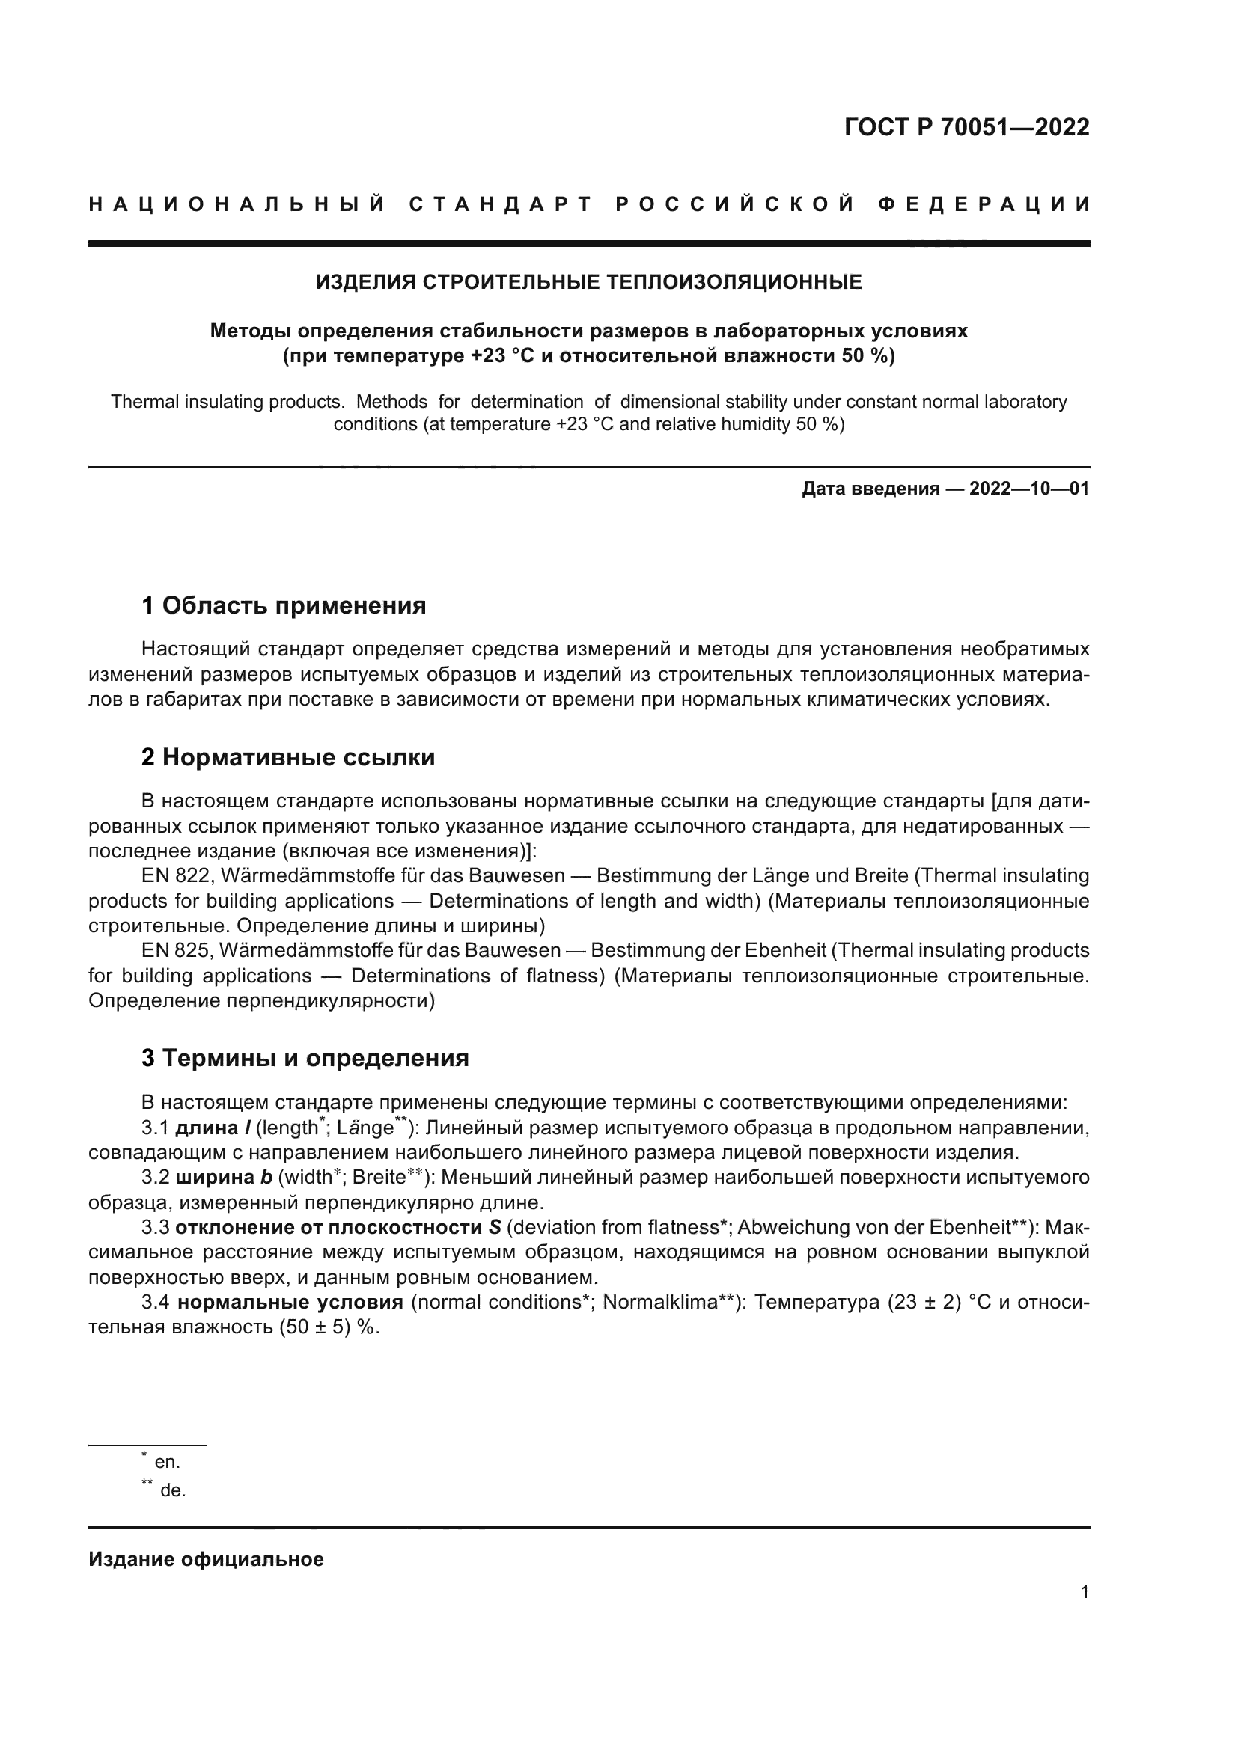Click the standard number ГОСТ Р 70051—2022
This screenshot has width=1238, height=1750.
click(x=966, y=127)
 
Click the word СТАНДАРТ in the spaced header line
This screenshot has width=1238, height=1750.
click(x=500, y=205)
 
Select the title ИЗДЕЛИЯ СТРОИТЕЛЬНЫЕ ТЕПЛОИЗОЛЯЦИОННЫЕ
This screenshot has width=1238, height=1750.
click(x=588, y=282)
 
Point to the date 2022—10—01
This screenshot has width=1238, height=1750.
click(x=1029, y=489)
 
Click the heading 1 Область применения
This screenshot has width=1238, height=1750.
click(x=284, y=606)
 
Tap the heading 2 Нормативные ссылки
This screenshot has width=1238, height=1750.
click(x=288, y=758)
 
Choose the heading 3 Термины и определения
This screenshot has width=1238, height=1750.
click(x=305, y=1059)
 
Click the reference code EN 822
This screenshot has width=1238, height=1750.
click(x=175, y=876)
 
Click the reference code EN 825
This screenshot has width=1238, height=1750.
click(x=175, y=950)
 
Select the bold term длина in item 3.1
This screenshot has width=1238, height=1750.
click(x=207, y=1128)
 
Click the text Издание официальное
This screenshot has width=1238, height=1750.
click(x=206, y=1559)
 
